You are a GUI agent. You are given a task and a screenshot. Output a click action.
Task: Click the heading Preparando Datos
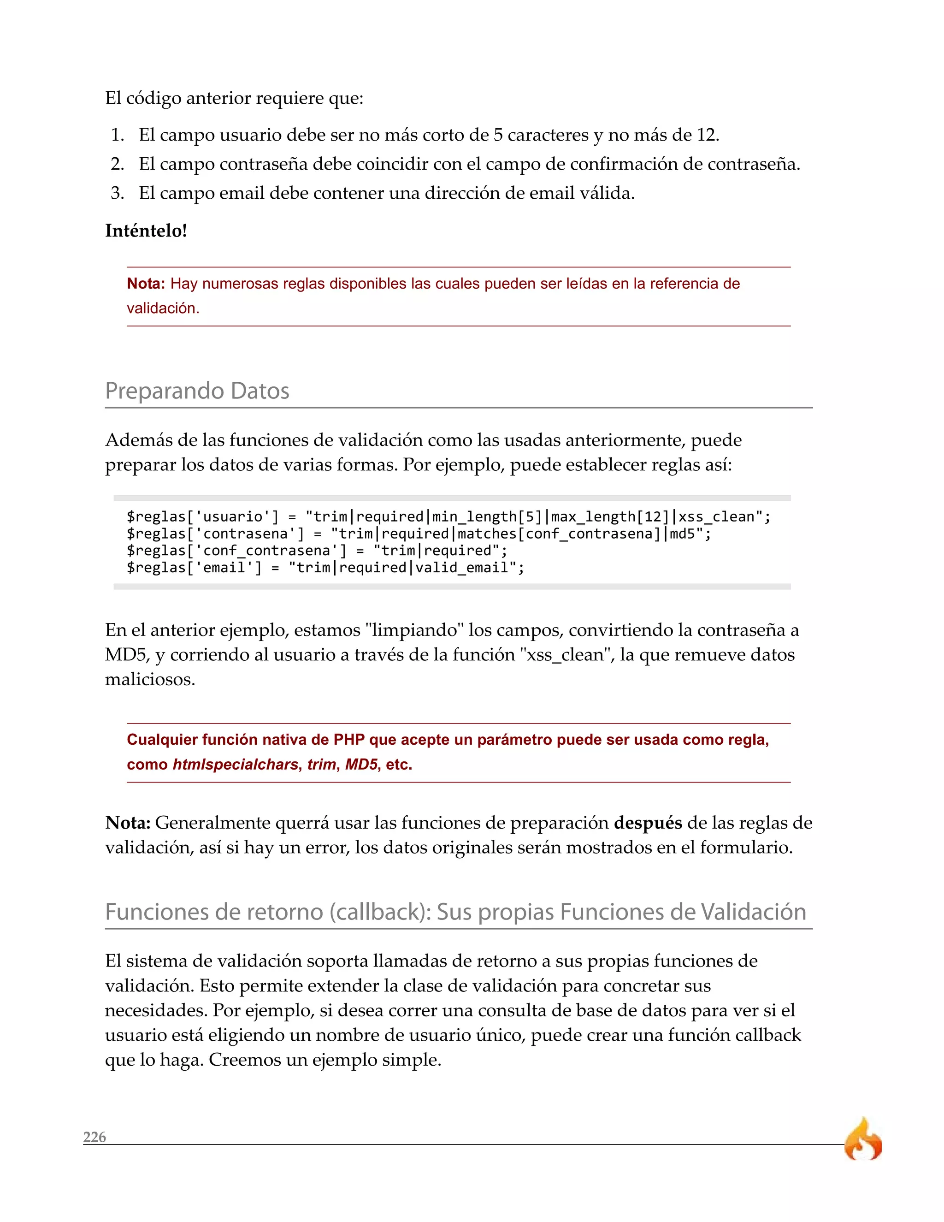197,391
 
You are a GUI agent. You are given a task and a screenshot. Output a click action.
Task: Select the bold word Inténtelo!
146,231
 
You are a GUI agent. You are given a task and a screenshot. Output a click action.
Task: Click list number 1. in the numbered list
117,135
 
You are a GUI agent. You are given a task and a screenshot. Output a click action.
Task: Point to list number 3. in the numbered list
117,193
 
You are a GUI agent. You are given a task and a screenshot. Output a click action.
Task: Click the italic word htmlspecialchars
236,764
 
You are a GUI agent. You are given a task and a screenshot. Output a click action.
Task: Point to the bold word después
648,823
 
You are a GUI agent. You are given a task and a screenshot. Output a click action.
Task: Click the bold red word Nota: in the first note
145,284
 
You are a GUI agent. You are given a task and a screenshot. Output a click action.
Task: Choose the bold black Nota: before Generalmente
128,823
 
